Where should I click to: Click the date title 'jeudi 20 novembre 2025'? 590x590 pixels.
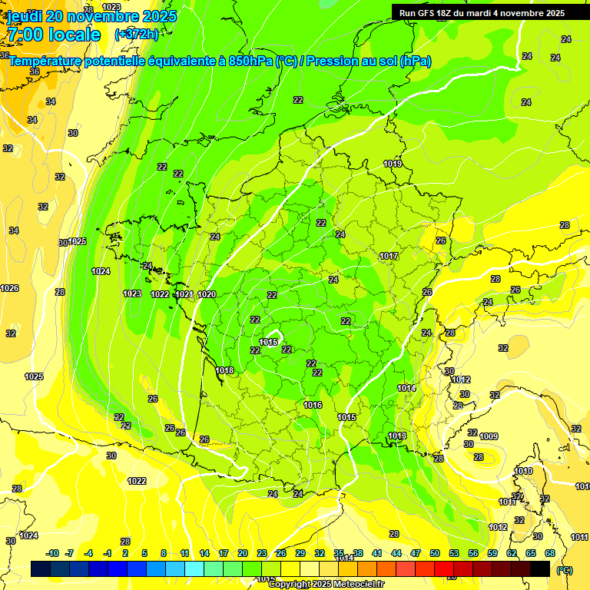tap(91, 16)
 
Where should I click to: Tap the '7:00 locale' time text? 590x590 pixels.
tap(54, 35)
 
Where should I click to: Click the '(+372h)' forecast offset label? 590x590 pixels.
tap(136, 35)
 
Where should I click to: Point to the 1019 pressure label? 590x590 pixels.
tap(393, 164)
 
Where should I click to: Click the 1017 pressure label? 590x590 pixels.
tap(389, 256)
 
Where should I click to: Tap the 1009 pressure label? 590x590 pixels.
tap(489, 436)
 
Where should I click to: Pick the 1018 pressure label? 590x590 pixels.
tap(224, 370)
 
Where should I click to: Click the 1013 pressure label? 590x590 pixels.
tap(396, 436)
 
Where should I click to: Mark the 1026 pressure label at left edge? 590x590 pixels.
tap(9, 288)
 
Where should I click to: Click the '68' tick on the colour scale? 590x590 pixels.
tap(549, 553)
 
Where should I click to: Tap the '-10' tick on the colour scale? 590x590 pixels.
tap(52, 553)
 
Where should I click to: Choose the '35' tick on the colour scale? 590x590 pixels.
tap(339, 553)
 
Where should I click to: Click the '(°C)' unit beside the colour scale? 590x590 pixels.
tap(565, 569)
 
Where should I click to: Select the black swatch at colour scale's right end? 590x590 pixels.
tap(540, 568)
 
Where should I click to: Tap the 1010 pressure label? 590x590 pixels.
tap(523, 471)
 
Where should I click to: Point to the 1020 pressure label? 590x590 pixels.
tap(207, 294)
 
